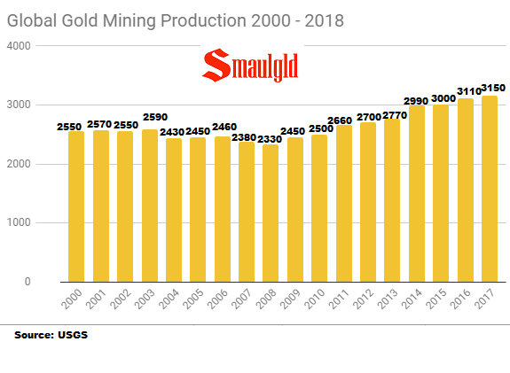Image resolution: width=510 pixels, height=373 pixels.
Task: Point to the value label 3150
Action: (x=488, y=88)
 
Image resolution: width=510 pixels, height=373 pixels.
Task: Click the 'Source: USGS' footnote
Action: (x=51, y=336)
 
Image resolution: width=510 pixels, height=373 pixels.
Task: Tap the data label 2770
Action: (x=391, y=117)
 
